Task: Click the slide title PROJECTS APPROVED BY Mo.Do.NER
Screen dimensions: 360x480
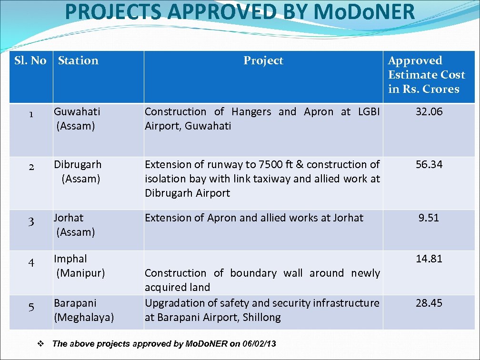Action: pyautogui.click(x=240, y=12)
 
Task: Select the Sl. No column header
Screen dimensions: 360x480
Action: pyautogui.click(x=30, y=60)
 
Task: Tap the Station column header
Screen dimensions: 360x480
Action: pyautogui.click(x=78, y=60)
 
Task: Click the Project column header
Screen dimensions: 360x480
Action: pyautogui.click(x=263, y=60)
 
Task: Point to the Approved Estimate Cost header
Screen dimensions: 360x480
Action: pyautogui.click(x=426, y=75)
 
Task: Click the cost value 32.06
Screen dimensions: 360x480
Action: pyautogui.click(x=429, y=111)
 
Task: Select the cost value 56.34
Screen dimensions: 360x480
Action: pyautogui.click(x=429, y=164)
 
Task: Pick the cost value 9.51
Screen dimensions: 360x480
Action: pyautogui.click(x=429, y=218)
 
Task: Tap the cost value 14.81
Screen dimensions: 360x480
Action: pyautogui.click(x=429, y=259)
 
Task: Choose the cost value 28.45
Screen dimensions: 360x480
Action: pyautogui.click(x=429, y=303)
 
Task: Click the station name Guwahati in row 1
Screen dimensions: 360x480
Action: pyautogui.click(x=77, y=112)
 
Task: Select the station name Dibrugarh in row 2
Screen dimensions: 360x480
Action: pyautogui.click(x=77, y=164)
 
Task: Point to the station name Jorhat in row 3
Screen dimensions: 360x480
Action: pyautogui.click(x=68, y=218)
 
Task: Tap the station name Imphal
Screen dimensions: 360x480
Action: pyautogui.click(x=70, y=259)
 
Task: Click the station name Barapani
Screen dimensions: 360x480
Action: pyautogui.click(x=75, y=303)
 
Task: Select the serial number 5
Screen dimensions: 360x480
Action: pyautogui.click(x=31, y=308)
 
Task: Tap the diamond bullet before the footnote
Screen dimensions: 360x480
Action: pyautogui.click(x=41, y=343)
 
